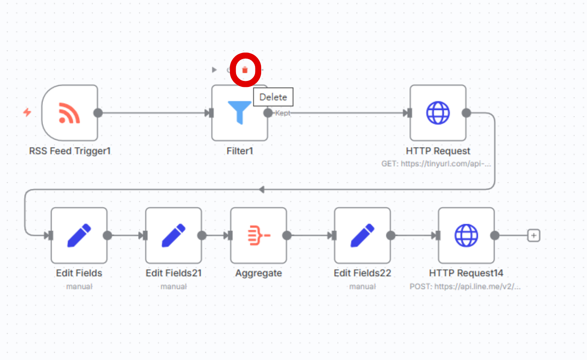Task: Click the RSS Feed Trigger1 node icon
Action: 70,113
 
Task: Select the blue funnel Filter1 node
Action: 239,113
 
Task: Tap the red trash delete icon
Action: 245,70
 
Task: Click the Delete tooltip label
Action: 273,97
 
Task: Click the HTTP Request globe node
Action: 438,113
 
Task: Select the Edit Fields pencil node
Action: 79,235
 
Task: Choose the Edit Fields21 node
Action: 173,235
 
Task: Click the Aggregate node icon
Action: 259,235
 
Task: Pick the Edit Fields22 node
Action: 362,235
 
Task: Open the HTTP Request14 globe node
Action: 466,235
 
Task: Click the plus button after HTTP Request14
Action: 534,235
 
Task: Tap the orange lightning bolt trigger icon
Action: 27,112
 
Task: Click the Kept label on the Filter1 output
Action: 283,113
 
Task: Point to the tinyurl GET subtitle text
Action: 436,164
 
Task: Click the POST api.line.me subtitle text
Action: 465,287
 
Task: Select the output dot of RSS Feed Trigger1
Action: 98,113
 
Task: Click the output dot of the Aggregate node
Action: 287,235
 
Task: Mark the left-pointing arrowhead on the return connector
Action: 262,189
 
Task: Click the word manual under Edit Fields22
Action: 362,287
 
